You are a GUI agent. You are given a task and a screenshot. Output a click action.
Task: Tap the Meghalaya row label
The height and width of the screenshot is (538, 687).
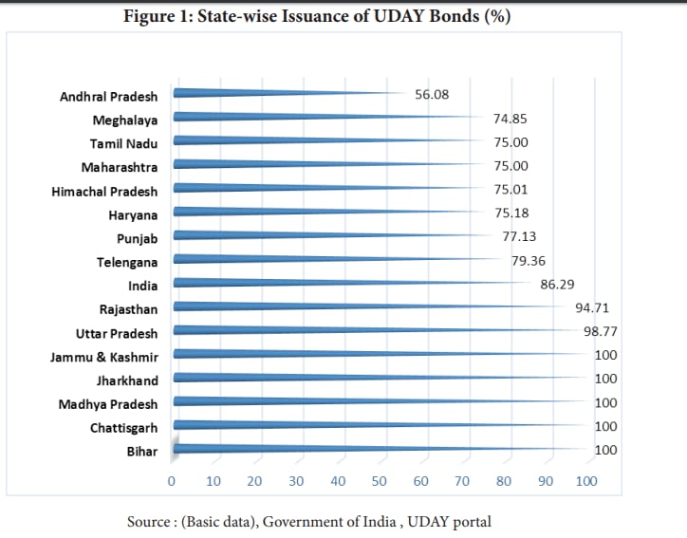124,120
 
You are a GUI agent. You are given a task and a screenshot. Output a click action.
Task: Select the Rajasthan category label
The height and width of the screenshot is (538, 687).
128,309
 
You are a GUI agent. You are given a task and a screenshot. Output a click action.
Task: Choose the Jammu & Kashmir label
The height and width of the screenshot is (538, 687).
104,357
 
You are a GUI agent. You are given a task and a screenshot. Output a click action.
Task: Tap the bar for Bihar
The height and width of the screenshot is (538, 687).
380,449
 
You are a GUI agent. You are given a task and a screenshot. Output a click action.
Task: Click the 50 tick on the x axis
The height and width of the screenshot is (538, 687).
379,481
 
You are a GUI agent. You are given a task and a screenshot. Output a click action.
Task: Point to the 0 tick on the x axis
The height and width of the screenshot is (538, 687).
172,481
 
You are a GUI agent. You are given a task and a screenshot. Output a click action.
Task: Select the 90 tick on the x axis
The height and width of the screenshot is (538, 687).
545,481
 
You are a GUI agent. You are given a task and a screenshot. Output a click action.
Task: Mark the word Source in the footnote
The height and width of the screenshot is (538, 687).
149,521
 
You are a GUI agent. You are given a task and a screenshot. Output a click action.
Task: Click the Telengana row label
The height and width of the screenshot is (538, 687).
127,262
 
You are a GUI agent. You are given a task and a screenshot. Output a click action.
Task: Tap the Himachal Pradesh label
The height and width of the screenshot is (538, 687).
104,191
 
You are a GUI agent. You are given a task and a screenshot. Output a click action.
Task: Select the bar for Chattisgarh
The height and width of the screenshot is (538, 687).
380,425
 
